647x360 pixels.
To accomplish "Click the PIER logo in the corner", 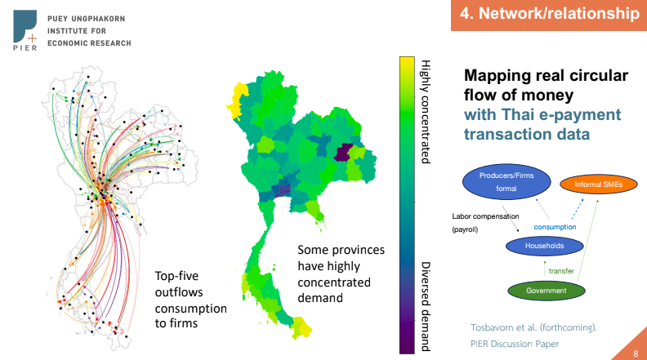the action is (x=25, y=30).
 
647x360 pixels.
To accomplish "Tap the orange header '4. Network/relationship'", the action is (x=549, y=15).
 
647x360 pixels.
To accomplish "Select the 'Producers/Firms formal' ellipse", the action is (x=506, y=182).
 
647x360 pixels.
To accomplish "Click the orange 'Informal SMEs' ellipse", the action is (x=598, y=184).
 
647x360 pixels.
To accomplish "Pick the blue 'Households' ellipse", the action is (x=544, y=246).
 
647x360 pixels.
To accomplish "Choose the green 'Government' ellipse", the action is (x=546, y=291).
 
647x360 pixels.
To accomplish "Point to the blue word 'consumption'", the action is (x=555, y=227).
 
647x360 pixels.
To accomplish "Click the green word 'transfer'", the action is (x=561, y=271).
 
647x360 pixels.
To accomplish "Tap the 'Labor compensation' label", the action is (x=485, y=216).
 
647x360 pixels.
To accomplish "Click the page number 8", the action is (x=636, y=353).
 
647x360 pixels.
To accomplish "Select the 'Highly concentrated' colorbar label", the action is (x=426, y=112).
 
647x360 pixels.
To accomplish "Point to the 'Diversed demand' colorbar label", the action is (x=426, y=306).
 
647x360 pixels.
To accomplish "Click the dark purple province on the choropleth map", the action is (x=342, y=153).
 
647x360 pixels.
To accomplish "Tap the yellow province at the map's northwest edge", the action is (x=236, y=100).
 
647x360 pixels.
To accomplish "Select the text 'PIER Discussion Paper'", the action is (x=515, y=344).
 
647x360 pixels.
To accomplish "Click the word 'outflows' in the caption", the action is (x=179, y=292).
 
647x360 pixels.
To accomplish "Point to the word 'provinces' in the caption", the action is (x=358, y=251).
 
